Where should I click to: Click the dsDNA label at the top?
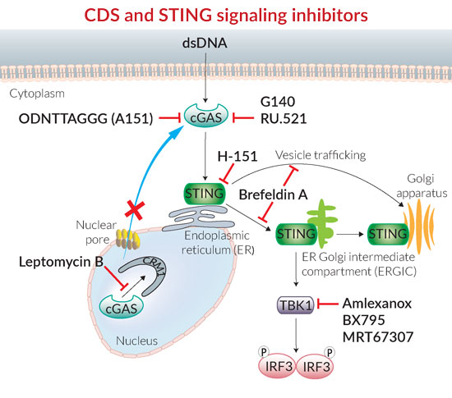coord(205,43)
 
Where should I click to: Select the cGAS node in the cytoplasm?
coord(206,117)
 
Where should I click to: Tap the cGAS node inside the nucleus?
coord(121,308)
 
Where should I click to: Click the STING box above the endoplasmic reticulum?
coord(205,194)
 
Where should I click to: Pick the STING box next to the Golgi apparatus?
coord(388,234)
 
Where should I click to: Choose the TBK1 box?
coord(296,304)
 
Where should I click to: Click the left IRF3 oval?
coord(277,366)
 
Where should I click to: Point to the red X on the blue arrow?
coord(135,211)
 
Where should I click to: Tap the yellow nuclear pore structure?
coord(127,239)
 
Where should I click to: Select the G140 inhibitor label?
coord(278,102)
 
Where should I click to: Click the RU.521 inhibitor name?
coord(284,118)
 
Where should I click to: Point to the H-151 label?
coord(238,156)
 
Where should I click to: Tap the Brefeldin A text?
coord(274,194)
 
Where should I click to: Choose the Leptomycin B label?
coord(61,262)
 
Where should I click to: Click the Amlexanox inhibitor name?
coord(377,304)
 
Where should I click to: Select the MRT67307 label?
coord(378,337)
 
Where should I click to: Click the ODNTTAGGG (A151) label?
coord(86,119)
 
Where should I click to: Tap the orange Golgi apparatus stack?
coord(420,225)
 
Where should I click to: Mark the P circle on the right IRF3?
coord(330,352)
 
